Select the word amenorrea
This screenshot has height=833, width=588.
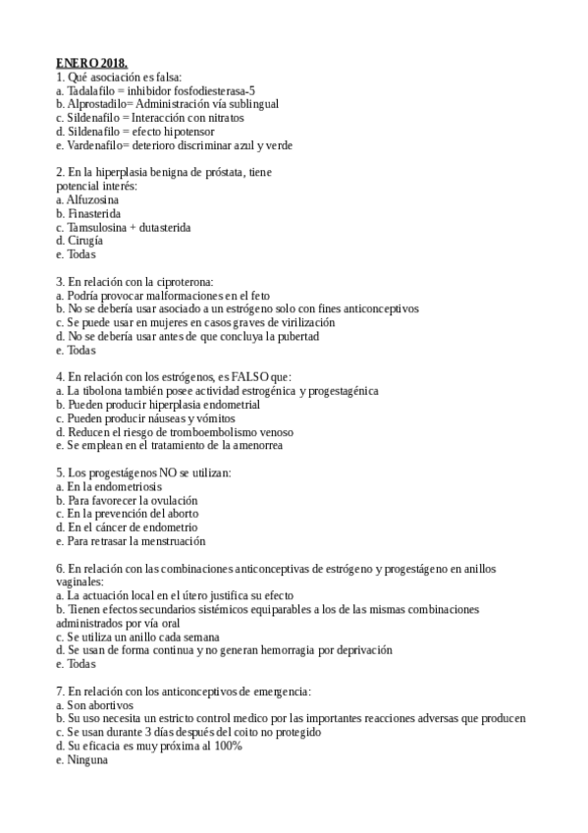pos(254,446)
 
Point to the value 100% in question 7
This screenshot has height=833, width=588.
pos(226,747)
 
